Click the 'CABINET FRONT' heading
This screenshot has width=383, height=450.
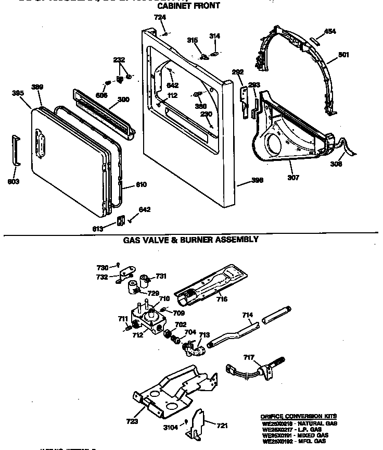point(188,6)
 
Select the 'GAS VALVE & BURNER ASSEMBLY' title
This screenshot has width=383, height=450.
point(190,240)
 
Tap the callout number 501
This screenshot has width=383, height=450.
point(343,55)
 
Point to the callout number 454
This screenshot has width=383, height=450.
point(330,31)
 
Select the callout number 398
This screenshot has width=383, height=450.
point(257,180)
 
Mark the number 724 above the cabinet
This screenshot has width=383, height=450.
point(160,18)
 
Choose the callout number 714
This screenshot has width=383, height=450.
point(248,315)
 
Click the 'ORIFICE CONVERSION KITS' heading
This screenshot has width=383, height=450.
point(298,416)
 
